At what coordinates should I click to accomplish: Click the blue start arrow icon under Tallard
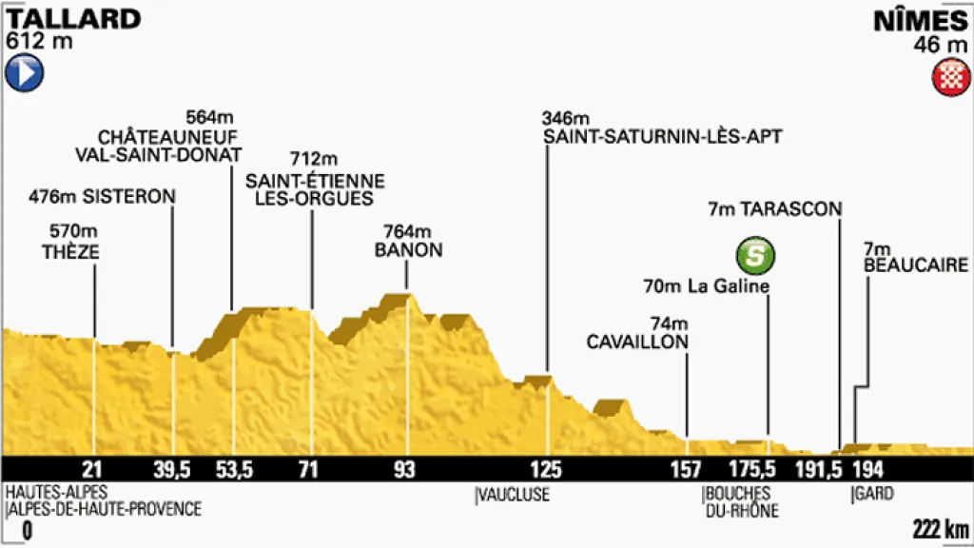point(25,73)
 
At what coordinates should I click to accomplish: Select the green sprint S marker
point(754,254)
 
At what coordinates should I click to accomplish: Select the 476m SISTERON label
point(103,197)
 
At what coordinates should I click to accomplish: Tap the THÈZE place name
point(70,252)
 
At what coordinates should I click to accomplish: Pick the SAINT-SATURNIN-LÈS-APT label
point(663,137)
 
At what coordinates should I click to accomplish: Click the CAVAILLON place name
point(636,342)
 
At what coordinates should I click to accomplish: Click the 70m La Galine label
point(706,287)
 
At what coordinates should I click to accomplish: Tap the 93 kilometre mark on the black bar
point(406,469)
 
